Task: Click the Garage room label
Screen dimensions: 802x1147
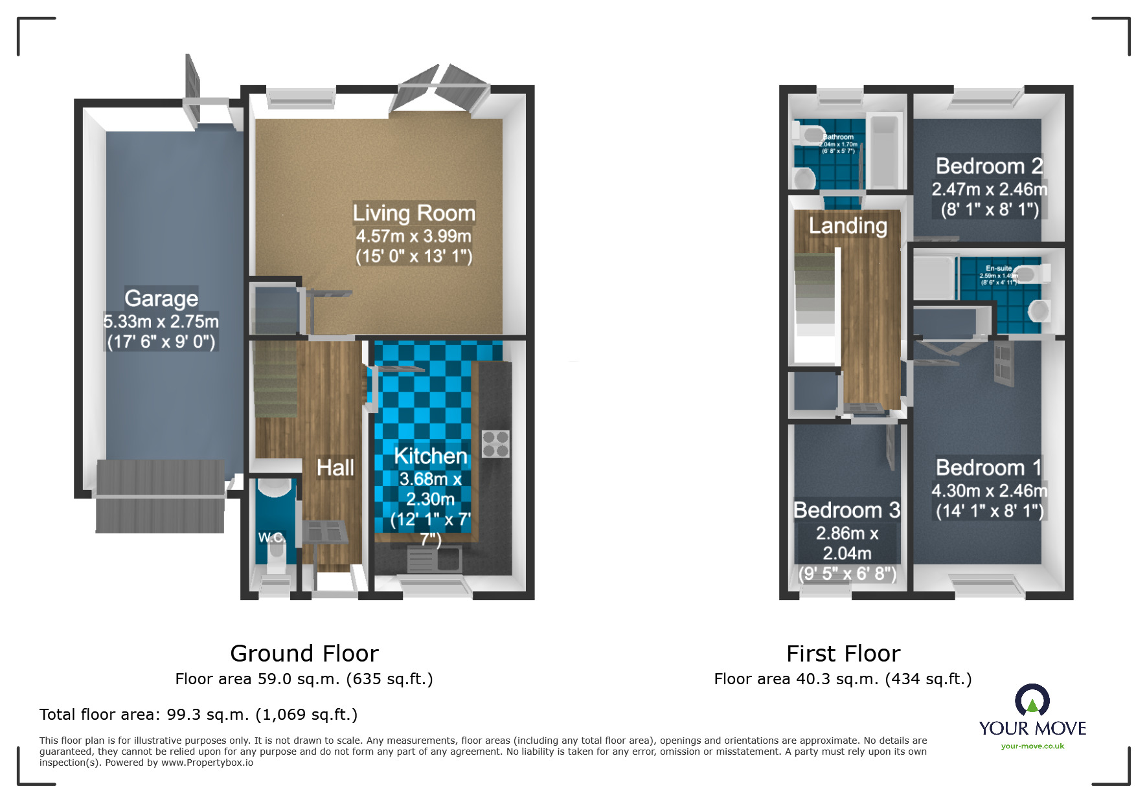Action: tap(161, 298)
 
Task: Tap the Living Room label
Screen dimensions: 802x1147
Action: tap(414, 213)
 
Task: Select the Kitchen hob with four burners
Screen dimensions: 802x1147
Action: tap(495, 444)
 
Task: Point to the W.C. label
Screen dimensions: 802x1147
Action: tap(271, 537)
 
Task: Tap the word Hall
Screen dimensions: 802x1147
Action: tap(335, 467)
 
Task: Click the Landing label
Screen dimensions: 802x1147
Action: tap(848, 225)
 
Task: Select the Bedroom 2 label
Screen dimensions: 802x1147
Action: tap(989, 166)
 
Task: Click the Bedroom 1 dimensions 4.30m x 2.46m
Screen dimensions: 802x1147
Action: tap(989, 491)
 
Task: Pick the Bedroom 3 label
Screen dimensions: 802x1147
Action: tap(846, 510)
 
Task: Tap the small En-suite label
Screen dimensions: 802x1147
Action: tap(999, 268)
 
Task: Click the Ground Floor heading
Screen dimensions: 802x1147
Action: tap(304, 653)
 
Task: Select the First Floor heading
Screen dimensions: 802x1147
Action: tap(843, 653)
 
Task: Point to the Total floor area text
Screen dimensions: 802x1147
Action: tap(198, 714)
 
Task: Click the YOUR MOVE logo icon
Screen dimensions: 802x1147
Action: tap(1032, 700)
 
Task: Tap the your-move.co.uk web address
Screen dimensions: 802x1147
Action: tap(1032, 746)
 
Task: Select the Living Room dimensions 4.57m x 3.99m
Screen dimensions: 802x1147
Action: tap(413, 236)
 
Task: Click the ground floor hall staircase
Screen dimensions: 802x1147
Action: tap(276, 382)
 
